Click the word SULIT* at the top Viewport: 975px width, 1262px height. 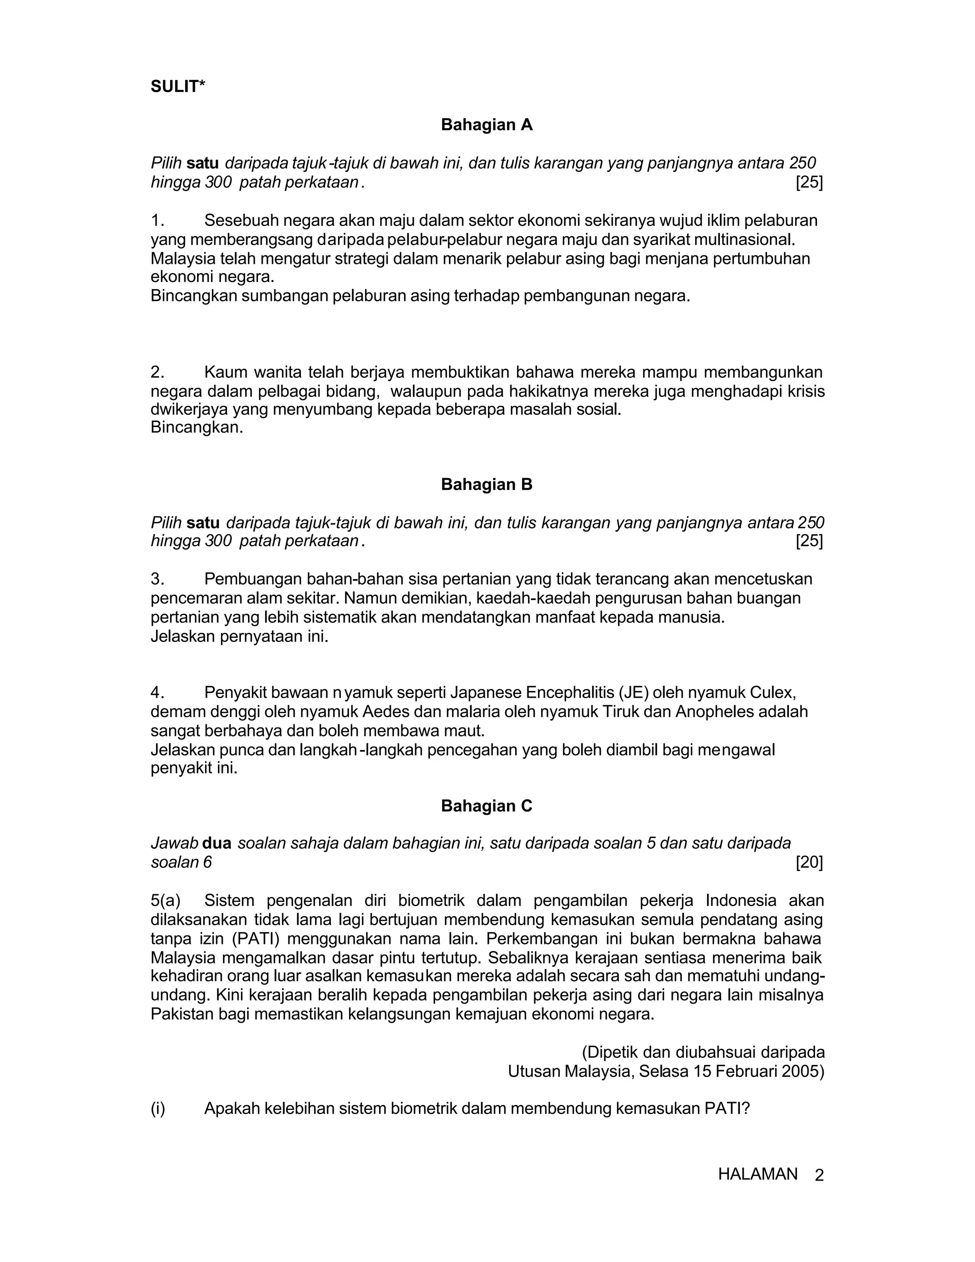coord(178,87)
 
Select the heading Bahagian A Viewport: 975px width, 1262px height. coord(487,125)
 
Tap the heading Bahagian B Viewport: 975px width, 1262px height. coord(487,484)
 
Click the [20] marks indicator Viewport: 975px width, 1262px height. coord(809,862)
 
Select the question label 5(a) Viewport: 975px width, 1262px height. coord(166,900)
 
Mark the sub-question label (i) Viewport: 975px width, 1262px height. coord(158,1108)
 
